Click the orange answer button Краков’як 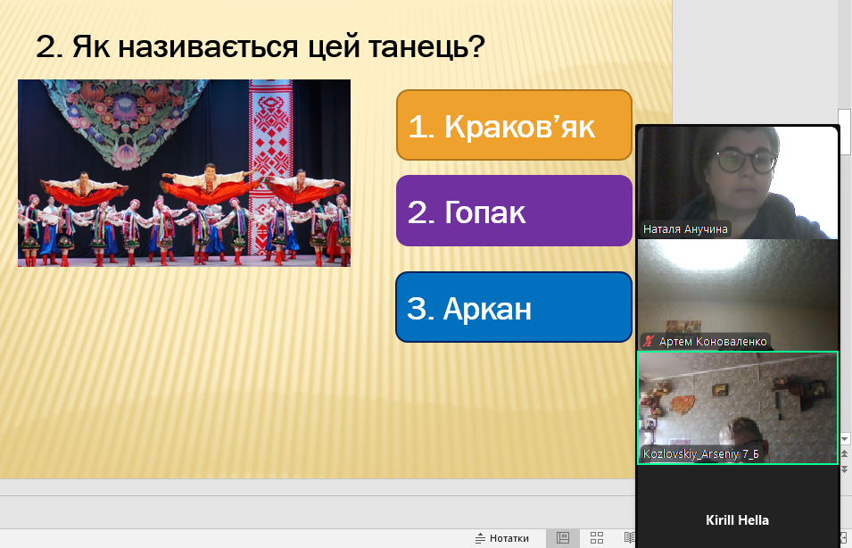click(514, 125)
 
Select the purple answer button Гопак click(514, 211)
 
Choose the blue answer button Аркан click(514, 307)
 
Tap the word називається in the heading click(208, 46)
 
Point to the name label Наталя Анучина click(684, 229)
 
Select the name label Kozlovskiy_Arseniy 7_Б click(701, 454)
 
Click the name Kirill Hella click(737, 520)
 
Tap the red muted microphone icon click(649, 342)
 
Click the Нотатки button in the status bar click(502, 538)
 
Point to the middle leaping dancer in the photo click(209, 184)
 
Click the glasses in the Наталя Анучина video click(746, 162)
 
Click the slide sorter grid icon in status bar click(597, 537)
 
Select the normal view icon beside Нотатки click(563, 537)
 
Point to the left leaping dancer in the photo click(83, 188)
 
